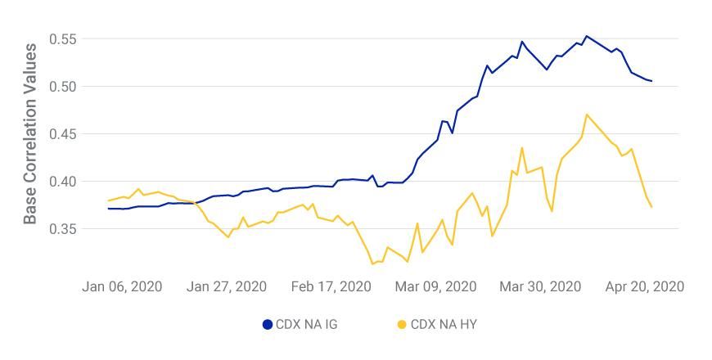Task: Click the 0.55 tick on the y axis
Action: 62,39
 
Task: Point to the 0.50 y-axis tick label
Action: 62,87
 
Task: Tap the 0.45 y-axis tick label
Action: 62,134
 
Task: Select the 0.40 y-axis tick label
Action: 62,182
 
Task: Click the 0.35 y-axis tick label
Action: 62,229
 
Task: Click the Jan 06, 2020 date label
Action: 122,286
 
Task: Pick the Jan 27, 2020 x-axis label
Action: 227,286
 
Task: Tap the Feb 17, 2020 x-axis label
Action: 331,286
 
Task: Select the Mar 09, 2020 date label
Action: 435,286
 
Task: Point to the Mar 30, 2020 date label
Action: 540,286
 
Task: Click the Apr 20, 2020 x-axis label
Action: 644,286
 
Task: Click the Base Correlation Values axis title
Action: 30,134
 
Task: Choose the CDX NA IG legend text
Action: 306,324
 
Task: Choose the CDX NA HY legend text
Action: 443,324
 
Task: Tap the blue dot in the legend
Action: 267,324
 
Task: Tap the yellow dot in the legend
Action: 402,324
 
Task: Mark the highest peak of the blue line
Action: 586,36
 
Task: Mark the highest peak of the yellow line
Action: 587,115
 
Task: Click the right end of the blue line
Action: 651,81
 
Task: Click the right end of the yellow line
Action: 651,207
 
